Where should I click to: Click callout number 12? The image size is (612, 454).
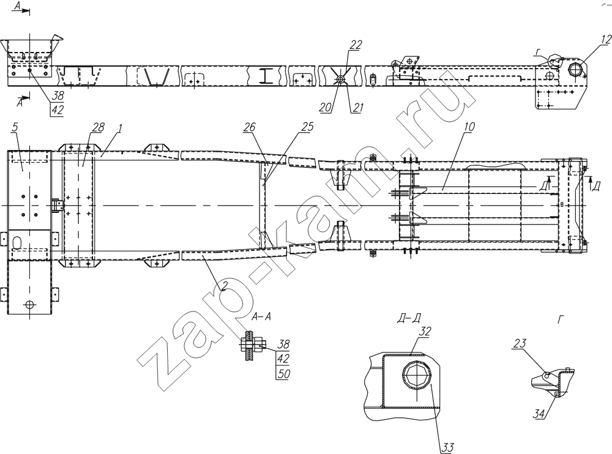point(606,40)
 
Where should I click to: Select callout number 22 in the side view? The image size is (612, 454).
point(356,45)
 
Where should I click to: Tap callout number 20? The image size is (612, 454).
point(325,107)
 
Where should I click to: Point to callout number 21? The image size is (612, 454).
point(357,107)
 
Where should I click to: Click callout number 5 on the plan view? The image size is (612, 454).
point(15,127)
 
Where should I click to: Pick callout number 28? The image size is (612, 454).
point(99,127)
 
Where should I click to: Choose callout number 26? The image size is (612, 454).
point(250,127)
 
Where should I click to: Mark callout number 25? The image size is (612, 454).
point(307,127)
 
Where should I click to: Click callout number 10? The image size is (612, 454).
point(469,127)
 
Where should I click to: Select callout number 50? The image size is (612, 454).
point(283,374)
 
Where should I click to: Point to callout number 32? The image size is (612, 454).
point(425,332)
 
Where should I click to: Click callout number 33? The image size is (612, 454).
point(448,448)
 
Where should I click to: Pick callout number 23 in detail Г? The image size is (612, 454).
point(520,343)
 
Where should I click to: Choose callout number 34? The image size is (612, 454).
point(539,414)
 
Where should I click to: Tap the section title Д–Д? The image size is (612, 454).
point(409,319)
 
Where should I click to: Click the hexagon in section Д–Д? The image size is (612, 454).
point(417,377)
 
